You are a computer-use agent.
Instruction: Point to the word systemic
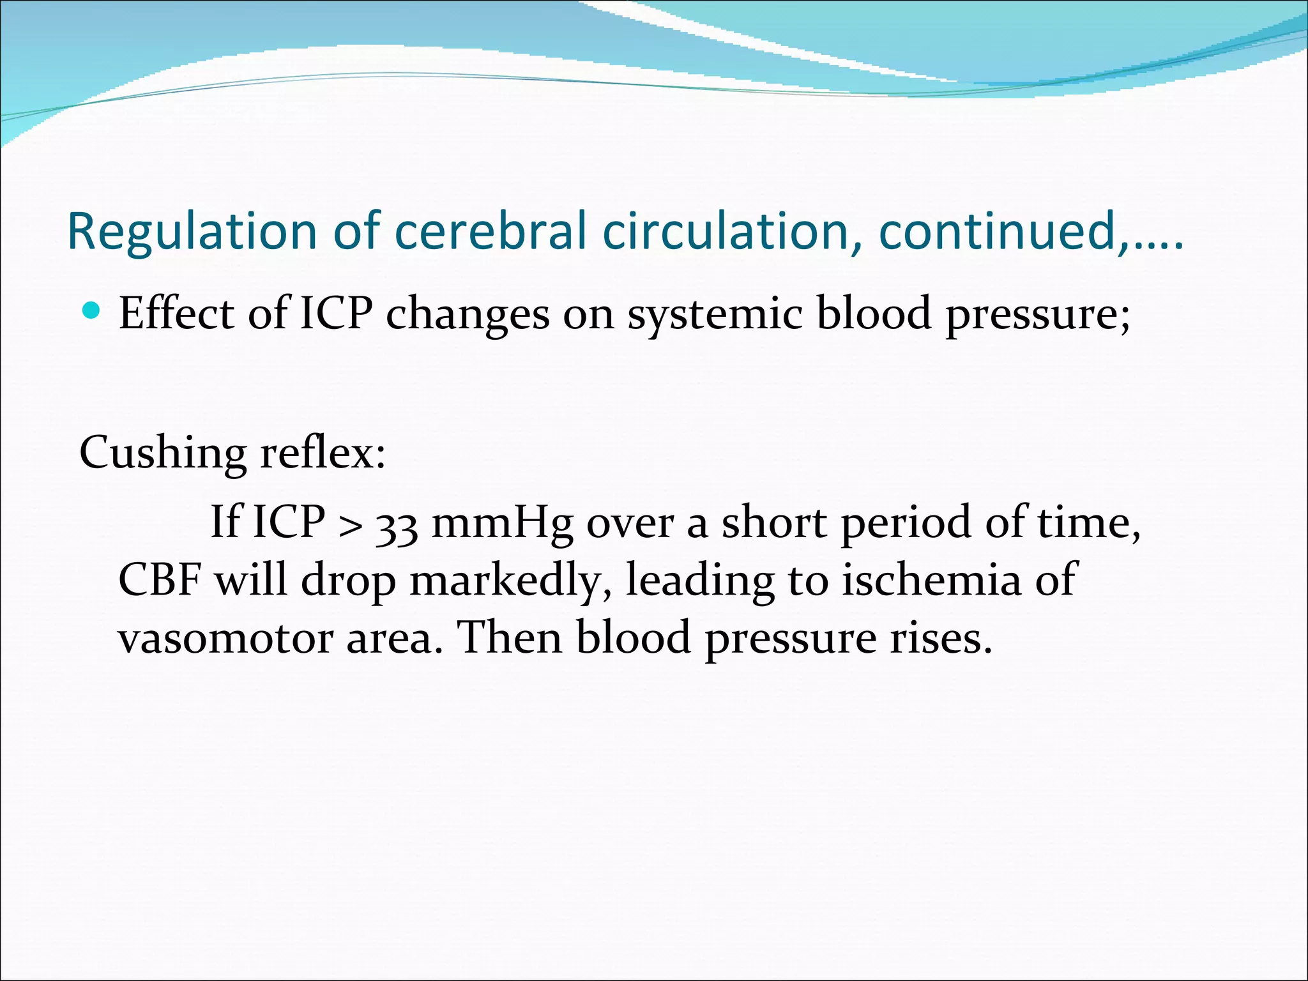point(715,315)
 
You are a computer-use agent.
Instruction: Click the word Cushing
point(163,453)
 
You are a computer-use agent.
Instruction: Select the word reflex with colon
point(323,453)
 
